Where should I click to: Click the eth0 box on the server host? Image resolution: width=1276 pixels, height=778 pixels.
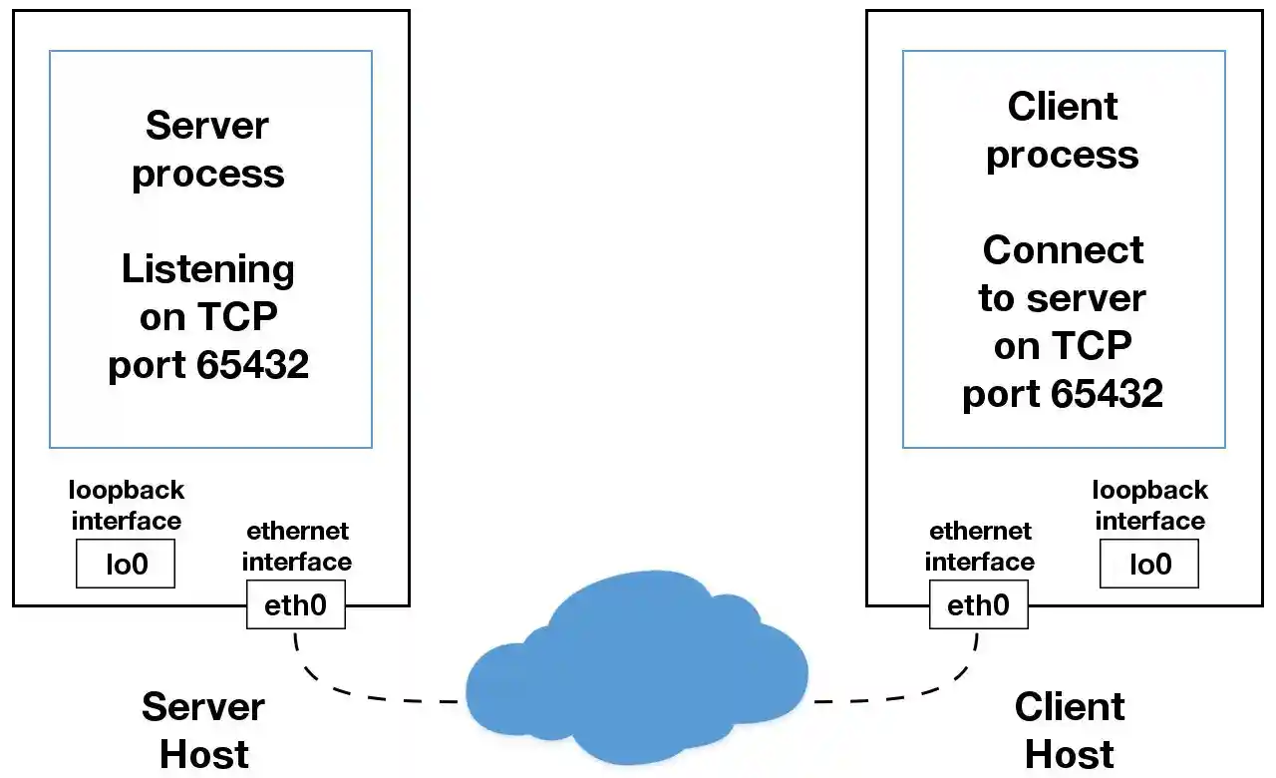pos(295,605)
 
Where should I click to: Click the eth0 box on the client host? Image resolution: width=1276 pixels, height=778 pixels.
pos(978,605)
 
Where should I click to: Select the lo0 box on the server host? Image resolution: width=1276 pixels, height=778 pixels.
pos(126,564)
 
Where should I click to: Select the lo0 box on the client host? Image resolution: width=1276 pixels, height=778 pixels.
pos(1148,564)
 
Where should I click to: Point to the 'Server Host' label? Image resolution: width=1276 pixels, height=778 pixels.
pos(203,730)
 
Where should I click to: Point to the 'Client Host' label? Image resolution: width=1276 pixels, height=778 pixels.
pos(1070,730)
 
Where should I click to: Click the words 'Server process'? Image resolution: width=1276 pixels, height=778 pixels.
pos(207,150)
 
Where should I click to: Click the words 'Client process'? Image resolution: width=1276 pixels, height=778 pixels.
pos(1063,131)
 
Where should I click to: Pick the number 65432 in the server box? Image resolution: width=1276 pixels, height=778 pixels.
pos(253,365)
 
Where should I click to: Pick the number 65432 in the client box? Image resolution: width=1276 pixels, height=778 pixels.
pos(1108,394)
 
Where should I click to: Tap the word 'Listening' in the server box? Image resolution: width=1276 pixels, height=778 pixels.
pos(207,270)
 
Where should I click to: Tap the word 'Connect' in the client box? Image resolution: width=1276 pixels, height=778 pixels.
pos(1063,249)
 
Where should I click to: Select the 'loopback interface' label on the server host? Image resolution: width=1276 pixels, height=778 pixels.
pos(126,506)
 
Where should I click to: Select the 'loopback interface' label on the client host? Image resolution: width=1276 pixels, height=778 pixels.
pos(1149,506)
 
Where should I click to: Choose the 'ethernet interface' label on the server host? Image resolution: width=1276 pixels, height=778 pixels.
pos(296,547)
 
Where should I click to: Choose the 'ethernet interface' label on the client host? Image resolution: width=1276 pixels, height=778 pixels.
pos(979,547)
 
